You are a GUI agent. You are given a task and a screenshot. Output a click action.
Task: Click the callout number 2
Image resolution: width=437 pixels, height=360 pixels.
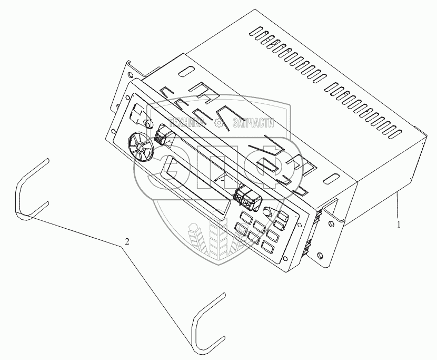(x=126, y=241)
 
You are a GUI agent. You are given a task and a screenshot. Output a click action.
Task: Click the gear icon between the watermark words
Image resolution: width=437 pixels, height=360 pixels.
(x=219, y=123)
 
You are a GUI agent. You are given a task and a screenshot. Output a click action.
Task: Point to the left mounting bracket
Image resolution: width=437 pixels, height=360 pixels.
(x=122, y=87)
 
